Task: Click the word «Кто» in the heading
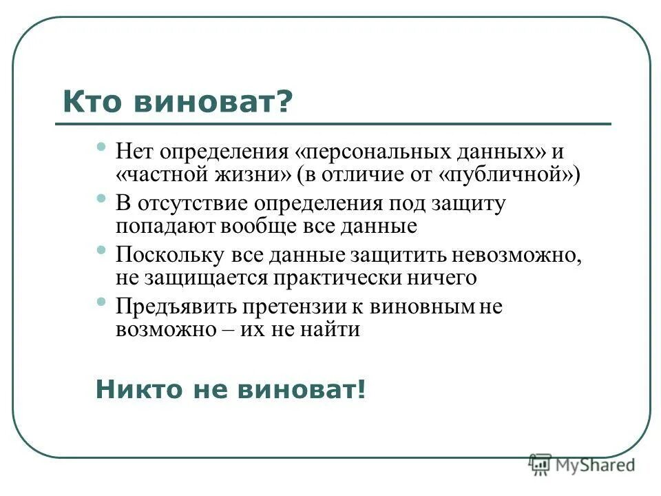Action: (x=94, y=103)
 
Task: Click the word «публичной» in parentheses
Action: (x=507, y=174)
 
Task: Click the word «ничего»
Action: (x=441, y=278)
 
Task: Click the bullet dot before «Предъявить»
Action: (x=101, y=301)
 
